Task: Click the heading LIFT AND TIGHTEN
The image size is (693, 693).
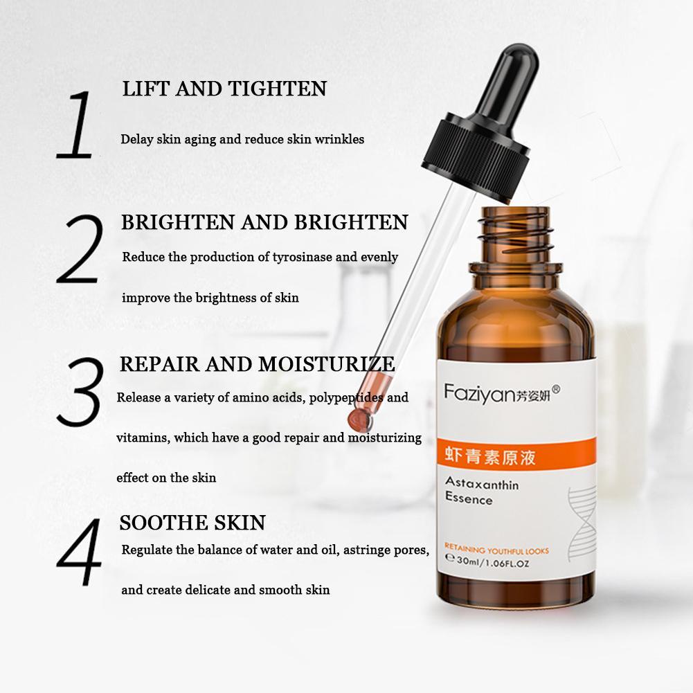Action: [x=224, y=89]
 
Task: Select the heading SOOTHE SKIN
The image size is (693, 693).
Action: [x=192, y=522]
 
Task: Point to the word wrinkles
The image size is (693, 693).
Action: [x=339, y=139]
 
